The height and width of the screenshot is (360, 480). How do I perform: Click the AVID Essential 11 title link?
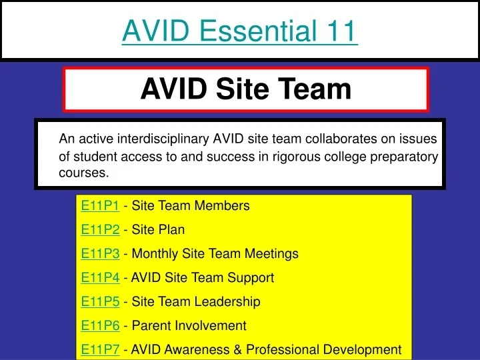pyautogui.click(x=240, y=31)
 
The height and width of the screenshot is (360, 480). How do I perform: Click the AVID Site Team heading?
pyautogui.click(x=245, y=89)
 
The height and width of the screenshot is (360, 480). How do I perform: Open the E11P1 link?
pyautogui.click(x=100, y=205)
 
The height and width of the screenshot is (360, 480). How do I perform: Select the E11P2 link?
pyautogui.click(x=100, y=229)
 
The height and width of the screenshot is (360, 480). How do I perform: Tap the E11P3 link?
pyautogui.click(x=100, y=253)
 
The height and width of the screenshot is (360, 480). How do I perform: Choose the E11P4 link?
pyautogui.click(x=100, y=277)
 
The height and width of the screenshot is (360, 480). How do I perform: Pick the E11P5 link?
pyautogui.click(x=100, y=301)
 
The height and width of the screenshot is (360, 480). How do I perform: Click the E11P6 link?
pyautogui.click(x=100, y=325)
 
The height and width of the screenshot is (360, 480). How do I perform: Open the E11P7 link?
pyautogui.click(x=100, y=349)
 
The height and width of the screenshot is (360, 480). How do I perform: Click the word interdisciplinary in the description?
pyautogui.click(x=163, y=139)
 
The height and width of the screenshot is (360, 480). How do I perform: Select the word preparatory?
pyautogui.click(x=407, y=157)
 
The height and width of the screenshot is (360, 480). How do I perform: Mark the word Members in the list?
pyautogui.click(x=223, y=205)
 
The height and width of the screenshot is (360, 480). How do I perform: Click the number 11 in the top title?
pyautogui.click(x=341, y=31)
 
